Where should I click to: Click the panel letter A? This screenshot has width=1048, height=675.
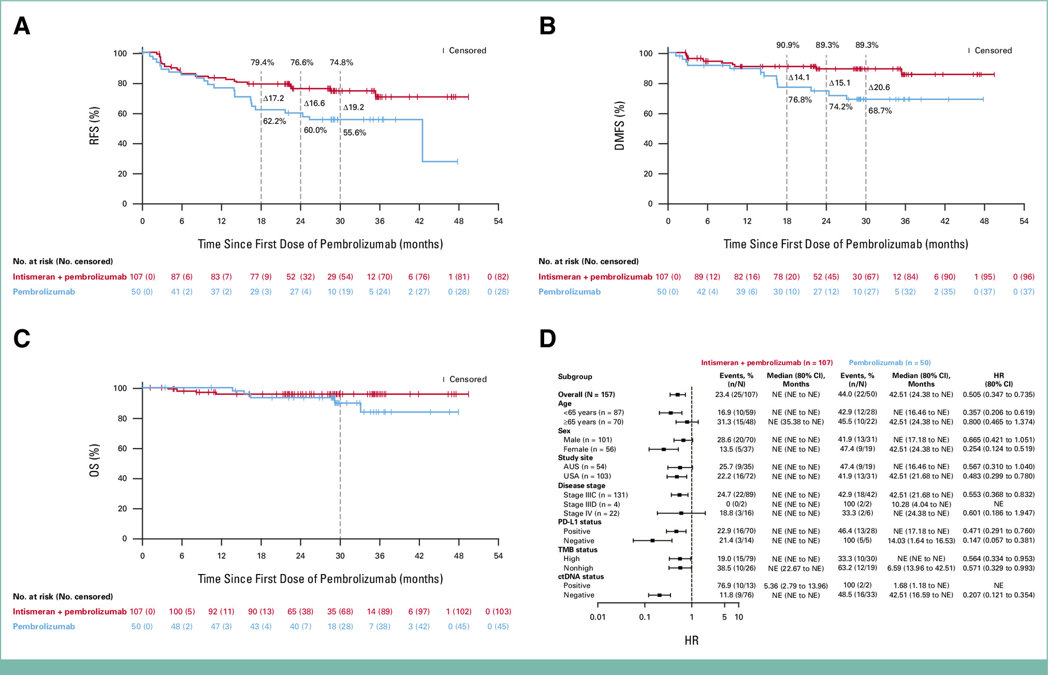pos(22,26)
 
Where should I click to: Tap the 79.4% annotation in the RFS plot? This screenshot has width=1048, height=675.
pos(263,63)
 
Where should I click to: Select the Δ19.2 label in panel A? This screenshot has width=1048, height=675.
pos(354,108)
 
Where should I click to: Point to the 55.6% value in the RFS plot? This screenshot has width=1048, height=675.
pos(354,133)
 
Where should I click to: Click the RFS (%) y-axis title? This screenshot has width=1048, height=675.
pos(94,126)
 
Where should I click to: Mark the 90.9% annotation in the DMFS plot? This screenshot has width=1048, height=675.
pos(788,45)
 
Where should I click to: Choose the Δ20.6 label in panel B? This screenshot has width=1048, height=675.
pos(879,87)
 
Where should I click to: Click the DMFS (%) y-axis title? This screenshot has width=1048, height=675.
pos(620,126)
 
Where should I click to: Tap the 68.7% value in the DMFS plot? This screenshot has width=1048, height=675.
pos(880,111)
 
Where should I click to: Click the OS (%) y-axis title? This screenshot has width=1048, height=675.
pos(94,460)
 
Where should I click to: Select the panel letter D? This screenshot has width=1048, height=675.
pos(548,339)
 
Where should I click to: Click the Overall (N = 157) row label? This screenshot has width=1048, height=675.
pos(586,394)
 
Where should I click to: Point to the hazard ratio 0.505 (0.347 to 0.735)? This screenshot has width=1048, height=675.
pos(998,394)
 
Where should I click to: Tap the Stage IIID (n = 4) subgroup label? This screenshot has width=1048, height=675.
pos(591,504)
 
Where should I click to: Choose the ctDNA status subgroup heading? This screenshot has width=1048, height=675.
pos(580,577)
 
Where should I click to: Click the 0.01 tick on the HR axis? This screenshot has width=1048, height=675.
pos(598,617)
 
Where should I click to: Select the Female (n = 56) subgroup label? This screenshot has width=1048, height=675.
pos(590,449)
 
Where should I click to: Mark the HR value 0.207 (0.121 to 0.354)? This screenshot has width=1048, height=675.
pos(998,595)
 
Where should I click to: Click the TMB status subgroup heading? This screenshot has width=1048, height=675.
pos(577,550)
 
